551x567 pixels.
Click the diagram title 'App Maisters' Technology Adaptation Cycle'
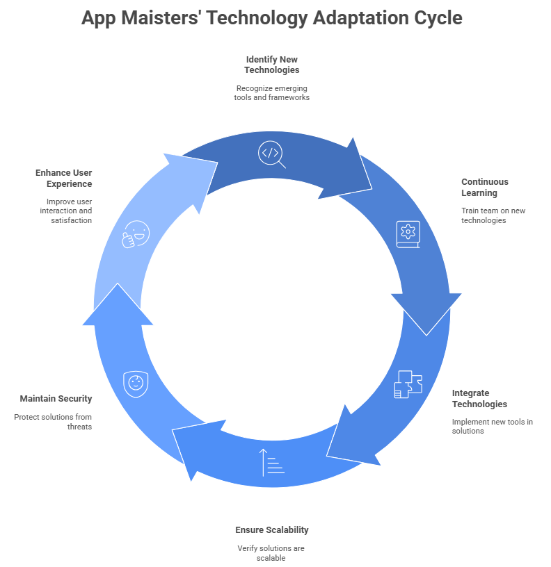[272, 18]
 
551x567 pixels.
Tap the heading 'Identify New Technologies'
[271, 65]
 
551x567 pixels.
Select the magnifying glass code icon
[271, 154]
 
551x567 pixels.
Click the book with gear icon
[408, 234]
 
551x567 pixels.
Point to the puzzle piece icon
[408, 384]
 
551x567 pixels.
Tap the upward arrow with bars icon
[271, 463]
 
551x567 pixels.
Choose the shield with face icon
[136, 384]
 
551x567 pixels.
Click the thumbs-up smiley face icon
[136, 234]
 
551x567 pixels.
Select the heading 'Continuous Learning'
[485, 188]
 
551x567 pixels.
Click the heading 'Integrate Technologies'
[479, 398]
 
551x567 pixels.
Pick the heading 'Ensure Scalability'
[272, 530]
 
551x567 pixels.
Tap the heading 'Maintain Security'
[56, 398]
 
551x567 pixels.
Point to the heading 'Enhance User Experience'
[64, 179]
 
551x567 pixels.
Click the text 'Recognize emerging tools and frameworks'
[271, 93]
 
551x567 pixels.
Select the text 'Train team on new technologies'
[493, 215]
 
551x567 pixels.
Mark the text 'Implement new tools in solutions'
[493, 427]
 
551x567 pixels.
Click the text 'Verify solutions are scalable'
[271, 553]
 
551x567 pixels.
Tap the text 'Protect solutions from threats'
[53, 422]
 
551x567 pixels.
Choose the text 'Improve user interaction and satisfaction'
[66, 211]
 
